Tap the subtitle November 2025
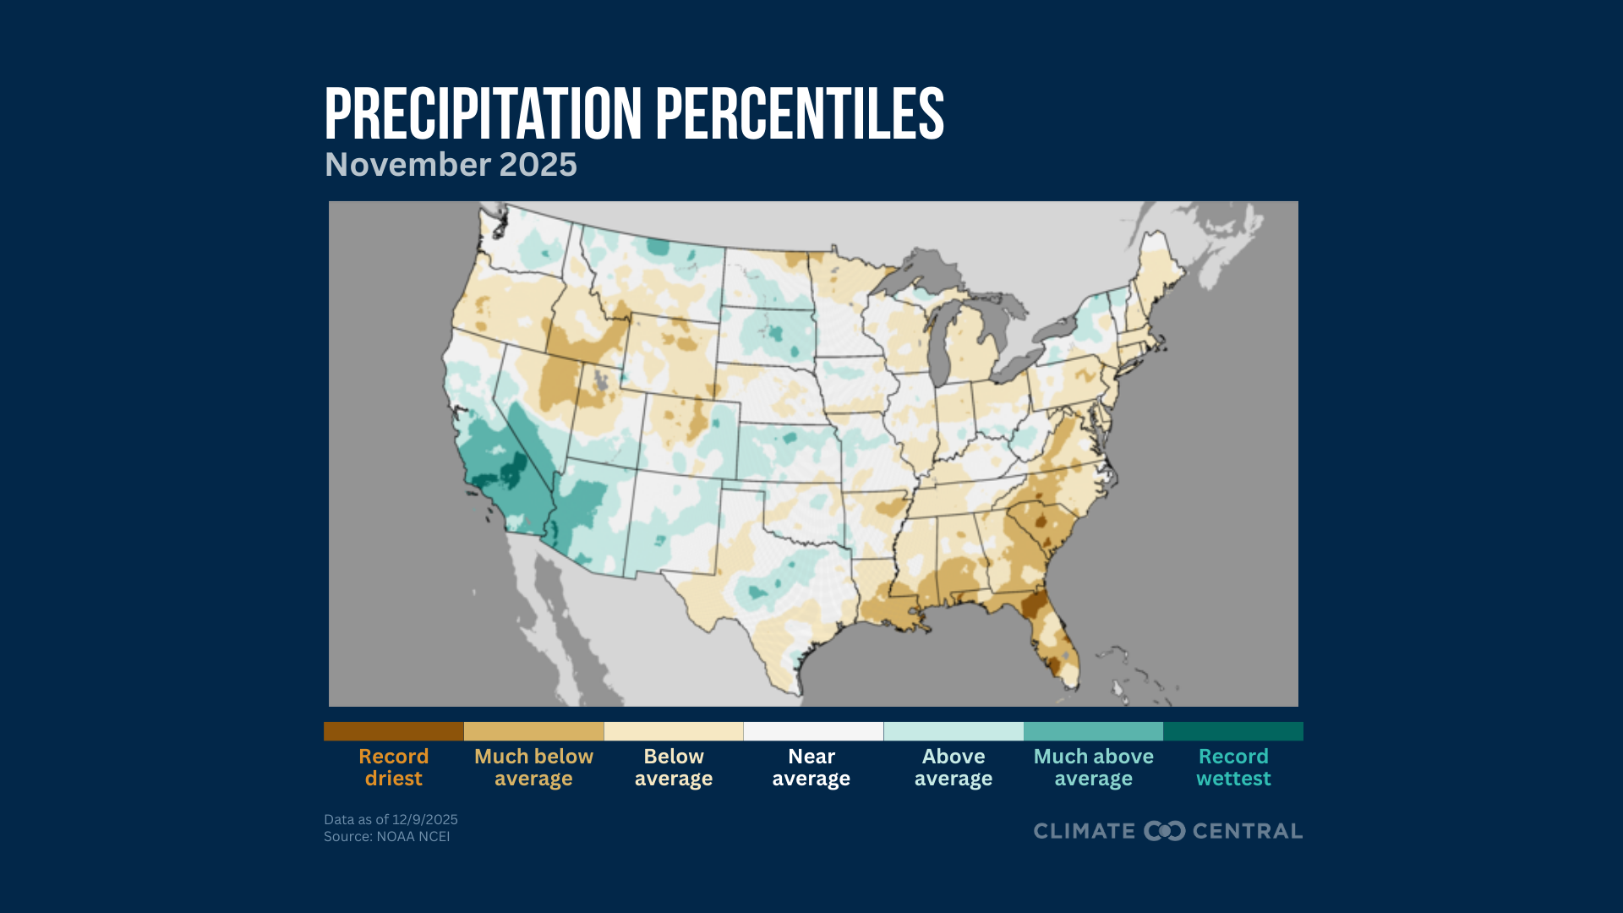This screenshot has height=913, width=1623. (451, 165)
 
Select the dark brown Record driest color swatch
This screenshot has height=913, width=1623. (393, 731)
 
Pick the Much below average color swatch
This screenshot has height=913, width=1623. (533, 731)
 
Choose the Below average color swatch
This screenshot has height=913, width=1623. (674, 731)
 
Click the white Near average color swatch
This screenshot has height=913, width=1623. (813, 731)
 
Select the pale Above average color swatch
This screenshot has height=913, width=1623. (954, 731)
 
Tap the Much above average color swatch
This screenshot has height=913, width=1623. (1093, 731)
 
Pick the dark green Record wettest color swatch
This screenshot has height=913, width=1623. (1233, 731)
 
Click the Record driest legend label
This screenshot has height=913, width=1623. (393, 768)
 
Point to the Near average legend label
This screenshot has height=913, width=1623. (811, 768)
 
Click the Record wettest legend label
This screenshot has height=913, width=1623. (1233, 768)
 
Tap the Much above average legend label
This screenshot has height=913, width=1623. (1093, 768)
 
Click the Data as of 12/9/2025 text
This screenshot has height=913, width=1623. (391, 819)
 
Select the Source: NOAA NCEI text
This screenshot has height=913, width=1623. (386, 836)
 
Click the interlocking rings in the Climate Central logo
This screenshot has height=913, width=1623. (1164, 831)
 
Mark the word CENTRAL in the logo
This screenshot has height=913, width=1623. (1247, 831)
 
